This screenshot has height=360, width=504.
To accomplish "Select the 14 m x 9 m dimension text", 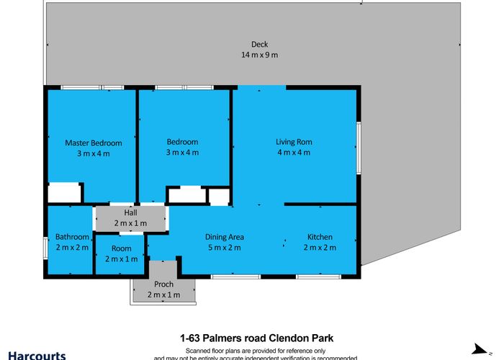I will [259, 55].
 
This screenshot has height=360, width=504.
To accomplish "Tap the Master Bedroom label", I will [93, 143].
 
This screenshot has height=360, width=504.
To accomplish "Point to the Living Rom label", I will [294, 142].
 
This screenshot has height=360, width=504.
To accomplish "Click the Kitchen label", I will [320, 237].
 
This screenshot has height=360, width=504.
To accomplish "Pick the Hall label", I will [130, 213].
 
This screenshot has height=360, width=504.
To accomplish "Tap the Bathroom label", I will [72, 237].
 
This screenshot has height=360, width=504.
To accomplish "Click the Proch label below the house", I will [163, 284].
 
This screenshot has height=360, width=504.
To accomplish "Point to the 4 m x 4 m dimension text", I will [294, 153].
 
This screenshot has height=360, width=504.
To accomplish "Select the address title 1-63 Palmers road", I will [256, 337].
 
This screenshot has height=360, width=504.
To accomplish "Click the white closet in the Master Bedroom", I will [64, 193].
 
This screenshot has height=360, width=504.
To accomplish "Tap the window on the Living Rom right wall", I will [358, 147].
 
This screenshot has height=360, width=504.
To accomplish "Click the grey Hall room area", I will [130, 218].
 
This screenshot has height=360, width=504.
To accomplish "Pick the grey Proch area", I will [163, 289].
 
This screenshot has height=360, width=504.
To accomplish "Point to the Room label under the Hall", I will [120, 248].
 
